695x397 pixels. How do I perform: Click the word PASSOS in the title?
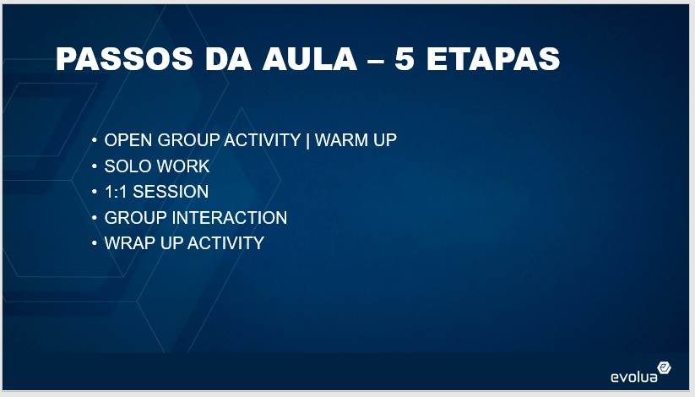tap(124, 58)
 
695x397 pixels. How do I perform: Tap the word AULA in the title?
tap(309, 58)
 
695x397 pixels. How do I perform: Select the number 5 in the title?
tap(404, 58)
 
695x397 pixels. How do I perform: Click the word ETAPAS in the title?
tap(493, 58)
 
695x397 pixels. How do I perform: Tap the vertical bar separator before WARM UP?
tap(307, 140)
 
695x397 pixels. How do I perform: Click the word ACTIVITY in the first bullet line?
tap(263, 140)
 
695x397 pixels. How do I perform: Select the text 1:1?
tap(117, 192)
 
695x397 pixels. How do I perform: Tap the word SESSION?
tap(171, 192)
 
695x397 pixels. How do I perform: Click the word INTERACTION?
tap(229, 218)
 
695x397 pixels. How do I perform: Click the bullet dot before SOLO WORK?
tap(94, 166)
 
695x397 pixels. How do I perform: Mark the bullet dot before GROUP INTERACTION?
tap(94, 218)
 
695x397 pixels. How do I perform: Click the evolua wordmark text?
tap(634, 377)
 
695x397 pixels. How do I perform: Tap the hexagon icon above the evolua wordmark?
tap(664, 367)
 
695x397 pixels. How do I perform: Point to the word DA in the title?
tap(228, 58)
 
